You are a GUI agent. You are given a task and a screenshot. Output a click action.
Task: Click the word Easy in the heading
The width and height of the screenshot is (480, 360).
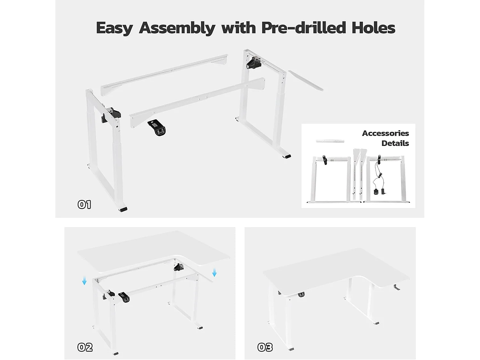114,28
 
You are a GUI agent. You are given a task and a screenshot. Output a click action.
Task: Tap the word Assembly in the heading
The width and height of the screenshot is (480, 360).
177,28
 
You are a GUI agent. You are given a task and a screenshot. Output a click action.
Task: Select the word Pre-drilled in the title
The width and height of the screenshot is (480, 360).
304,28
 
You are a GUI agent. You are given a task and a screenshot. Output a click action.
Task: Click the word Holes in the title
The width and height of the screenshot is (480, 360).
373,28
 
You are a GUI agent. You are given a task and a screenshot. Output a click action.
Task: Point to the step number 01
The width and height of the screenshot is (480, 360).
84,204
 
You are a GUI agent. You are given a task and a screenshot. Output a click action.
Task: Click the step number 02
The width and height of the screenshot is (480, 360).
85,347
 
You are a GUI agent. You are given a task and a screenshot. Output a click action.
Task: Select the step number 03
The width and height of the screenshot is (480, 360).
265,347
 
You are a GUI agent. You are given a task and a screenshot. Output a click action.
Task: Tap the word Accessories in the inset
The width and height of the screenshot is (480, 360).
385,133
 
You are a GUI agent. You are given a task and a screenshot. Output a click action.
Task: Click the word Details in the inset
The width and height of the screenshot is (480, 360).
395,143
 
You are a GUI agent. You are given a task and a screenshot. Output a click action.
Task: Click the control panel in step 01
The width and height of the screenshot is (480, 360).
157,128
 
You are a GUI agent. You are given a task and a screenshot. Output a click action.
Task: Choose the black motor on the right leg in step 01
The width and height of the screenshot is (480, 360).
254,62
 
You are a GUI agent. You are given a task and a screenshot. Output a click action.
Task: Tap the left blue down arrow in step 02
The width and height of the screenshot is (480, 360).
84,281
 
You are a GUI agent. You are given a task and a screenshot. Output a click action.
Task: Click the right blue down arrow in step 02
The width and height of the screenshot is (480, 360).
214,273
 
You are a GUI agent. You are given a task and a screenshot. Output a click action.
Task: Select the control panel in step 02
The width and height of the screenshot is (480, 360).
124,297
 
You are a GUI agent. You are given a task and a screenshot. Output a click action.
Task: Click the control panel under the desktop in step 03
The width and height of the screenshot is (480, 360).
301,294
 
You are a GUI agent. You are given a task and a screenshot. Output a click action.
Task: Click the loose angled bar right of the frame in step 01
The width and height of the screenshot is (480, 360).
306,81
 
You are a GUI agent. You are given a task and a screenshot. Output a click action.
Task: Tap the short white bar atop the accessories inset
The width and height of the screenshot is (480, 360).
330,141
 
